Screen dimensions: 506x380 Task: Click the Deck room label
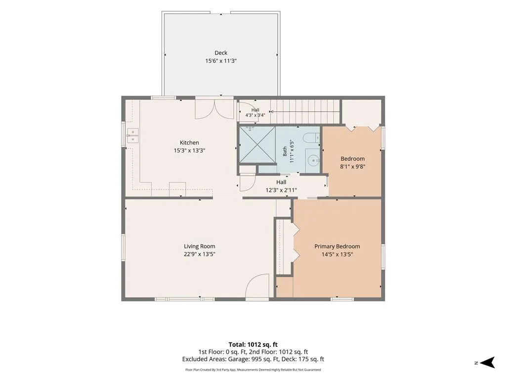tap(221, 52)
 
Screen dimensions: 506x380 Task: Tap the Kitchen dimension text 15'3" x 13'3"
tap(189, 150)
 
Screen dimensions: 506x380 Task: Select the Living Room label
tap(200, 246)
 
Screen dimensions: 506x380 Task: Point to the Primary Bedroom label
tap(337, 246)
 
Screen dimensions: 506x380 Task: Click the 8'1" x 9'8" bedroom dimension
tap(353, 167)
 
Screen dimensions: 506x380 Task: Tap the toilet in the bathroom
tap(311, 138)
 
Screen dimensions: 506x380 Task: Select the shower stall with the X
tap(257, 144)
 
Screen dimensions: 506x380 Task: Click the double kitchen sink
tap(132, 136)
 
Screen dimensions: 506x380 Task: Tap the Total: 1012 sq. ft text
tap(253, 344)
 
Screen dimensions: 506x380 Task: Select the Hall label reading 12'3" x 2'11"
tap(281, 186)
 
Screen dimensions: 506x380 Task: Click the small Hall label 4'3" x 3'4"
tap(255, 112)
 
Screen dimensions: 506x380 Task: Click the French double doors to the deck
tap(214, 109)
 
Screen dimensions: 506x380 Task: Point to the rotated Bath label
tap(285, 151)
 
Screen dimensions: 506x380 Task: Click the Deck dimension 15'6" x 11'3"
tap(221, 61)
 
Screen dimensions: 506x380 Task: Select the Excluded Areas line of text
tap(253, 359)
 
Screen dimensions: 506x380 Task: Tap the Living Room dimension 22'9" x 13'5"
tap(200, 254)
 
